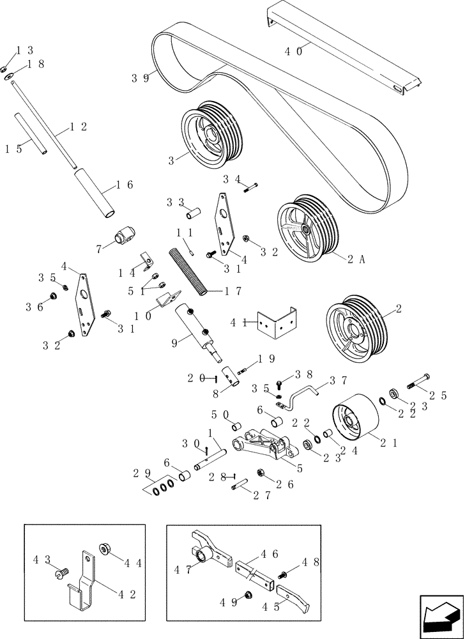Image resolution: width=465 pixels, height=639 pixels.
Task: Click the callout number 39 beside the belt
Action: point(141,78)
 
